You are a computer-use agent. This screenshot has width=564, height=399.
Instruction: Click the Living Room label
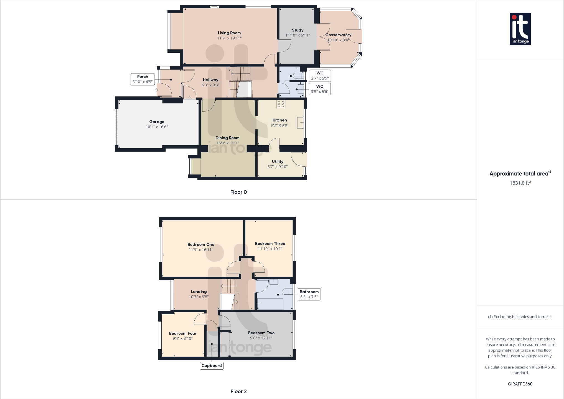(x=229, y=33)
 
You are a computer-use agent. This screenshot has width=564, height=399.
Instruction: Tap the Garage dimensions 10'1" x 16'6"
(x=157, y=127)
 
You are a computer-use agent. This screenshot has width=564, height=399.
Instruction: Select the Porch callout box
(x=143, y=79)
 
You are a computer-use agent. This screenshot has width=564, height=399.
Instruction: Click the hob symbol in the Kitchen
(x=281, y=104)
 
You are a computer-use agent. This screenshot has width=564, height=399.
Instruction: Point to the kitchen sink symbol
(x=300, y=122)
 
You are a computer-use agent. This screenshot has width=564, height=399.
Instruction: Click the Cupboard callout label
(x=212, y=366)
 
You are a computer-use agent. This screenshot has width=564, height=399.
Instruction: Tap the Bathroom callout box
(x=309, y=294)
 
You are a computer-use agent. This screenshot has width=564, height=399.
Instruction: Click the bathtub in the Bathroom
(x=270, y=304)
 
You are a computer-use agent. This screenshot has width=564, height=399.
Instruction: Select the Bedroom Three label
(x=270, y=244)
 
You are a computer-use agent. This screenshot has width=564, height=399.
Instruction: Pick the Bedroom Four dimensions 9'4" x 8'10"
(x=182, y=338)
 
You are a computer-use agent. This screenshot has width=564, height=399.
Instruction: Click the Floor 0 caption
(x=238, y=192)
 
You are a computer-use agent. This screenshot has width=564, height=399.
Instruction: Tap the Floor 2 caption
(x=238, y=392)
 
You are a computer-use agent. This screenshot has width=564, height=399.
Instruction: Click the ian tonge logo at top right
(x=520, y=29)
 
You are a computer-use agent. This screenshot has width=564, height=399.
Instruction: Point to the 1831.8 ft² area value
(x=520, y=183)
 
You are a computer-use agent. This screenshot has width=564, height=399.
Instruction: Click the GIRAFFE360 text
(x=520, y=384)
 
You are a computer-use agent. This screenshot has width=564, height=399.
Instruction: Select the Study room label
(x=298, y=30)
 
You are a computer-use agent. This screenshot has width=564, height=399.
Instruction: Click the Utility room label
(x=278, y=162)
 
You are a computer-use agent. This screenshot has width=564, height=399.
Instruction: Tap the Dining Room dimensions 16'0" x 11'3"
(x=227, y=143)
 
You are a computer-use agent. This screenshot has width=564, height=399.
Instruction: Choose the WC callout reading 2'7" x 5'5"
(x=320, y=76)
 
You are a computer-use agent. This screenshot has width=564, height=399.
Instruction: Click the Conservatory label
(x=338, y=35)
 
